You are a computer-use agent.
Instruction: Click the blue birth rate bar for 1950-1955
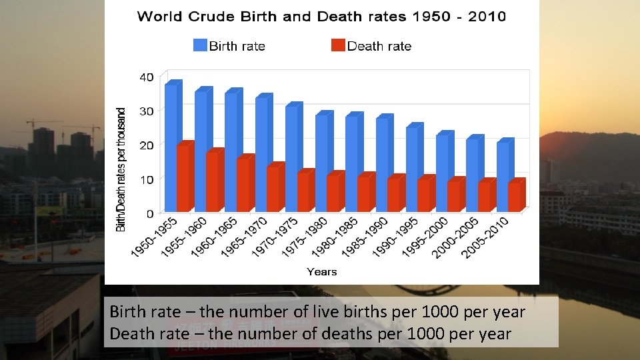coord(171,147)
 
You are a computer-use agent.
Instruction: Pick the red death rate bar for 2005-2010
coord(515,197)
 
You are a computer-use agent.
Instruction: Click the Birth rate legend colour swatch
coord(200,45)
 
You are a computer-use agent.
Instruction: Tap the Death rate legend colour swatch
coord(338,45)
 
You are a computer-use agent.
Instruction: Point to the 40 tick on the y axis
coord(146,77)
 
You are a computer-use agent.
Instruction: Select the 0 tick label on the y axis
coord(150,213)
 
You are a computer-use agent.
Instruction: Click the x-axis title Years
coord(322,271)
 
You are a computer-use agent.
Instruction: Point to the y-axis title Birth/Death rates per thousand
coord(121,170)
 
